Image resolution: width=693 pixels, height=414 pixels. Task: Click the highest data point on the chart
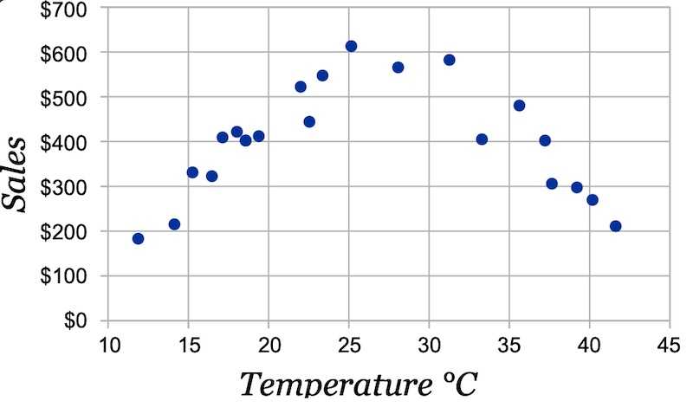click(x=351, y=46)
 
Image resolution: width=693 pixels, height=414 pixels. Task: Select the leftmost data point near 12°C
click(x=138, y=238)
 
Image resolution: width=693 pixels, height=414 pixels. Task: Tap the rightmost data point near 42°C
click(x=616, y=226)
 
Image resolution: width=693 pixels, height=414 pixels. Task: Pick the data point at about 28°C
click(x=398, y=67)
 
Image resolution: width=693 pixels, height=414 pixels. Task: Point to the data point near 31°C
click(x=450, y=60)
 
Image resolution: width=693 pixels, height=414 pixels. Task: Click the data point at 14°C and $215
click(x=174, y=224)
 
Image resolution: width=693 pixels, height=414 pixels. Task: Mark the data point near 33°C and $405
click(x=482, y=139)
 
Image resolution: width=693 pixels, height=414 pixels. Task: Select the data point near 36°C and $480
click(x=519, y=106)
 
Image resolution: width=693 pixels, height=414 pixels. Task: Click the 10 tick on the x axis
click(x=108, y=345)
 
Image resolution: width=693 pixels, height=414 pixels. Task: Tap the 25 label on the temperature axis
click(x=349, y=345)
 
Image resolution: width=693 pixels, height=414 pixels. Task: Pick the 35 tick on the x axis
click(x=509, y=345)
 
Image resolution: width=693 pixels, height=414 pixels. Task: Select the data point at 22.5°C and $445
click(x=309, y=121)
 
